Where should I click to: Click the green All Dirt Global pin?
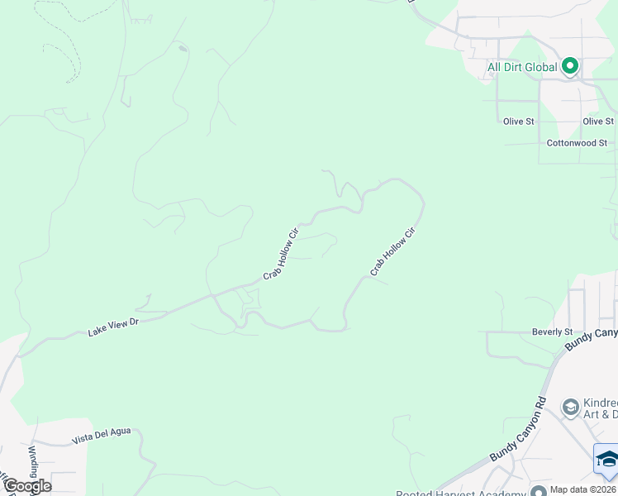tap(569, 66)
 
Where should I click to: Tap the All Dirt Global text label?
tap(522, 67)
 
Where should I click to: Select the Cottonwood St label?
tap(577, 143)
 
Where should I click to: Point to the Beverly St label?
tap(553, 331)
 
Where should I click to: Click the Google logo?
tap(27, 485)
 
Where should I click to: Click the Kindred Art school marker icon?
tap(569, 407)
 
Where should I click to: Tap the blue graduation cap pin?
tap(606, 460)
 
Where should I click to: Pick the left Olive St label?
tap(519, 122)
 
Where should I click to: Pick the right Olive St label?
tap(597, 122)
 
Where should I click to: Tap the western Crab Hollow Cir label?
tap(280, 254)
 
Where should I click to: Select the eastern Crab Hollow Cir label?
tap(391, 251)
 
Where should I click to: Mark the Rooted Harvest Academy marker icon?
tap(539, 492)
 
